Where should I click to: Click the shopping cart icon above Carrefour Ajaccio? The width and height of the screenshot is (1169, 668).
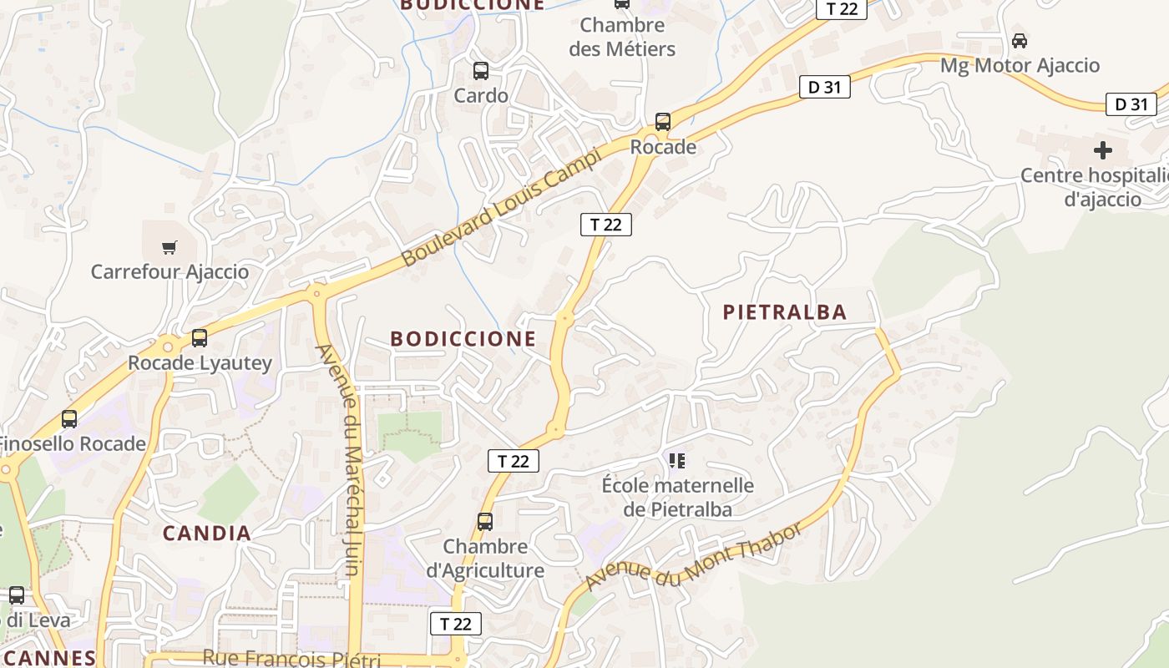(170, 247)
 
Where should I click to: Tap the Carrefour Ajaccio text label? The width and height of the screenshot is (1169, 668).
(170, 272)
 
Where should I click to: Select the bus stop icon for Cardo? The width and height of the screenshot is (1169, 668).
(481, 71)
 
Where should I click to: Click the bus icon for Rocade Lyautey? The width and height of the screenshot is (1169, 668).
(200, 338)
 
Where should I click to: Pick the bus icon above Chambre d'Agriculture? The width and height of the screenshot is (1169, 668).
(485, 522)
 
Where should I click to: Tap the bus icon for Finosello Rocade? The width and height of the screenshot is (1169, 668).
(69, 419)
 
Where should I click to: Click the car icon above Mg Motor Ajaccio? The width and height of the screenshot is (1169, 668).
(1020, 41)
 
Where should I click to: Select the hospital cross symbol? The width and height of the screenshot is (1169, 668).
(1103, 150)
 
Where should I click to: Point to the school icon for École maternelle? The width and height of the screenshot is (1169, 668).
(677, 460)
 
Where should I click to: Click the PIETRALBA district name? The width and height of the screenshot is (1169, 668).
(785, 312)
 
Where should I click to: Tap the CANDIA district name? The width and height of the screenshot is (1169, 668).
(206, 534)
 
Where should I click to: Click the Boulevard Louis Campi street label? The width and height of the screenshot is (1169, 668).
(502, 206)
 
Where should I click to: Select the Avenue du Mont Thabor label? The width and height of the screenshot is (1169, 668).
(695, 555)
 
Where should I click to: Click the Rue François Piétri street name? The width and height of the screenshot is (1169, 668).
(292, 659)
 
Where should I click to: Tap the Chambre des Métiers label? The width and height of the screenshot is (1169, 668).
(622, 37)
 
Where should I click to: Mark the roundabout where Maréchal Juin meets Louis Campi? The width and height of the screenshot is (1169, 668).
(316, 293)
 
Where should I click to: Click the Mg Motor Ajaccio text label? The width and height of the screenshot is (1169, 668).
(1020, 65)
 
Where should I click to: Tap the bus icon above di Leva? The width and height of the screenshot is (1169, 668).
(17, 595)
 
